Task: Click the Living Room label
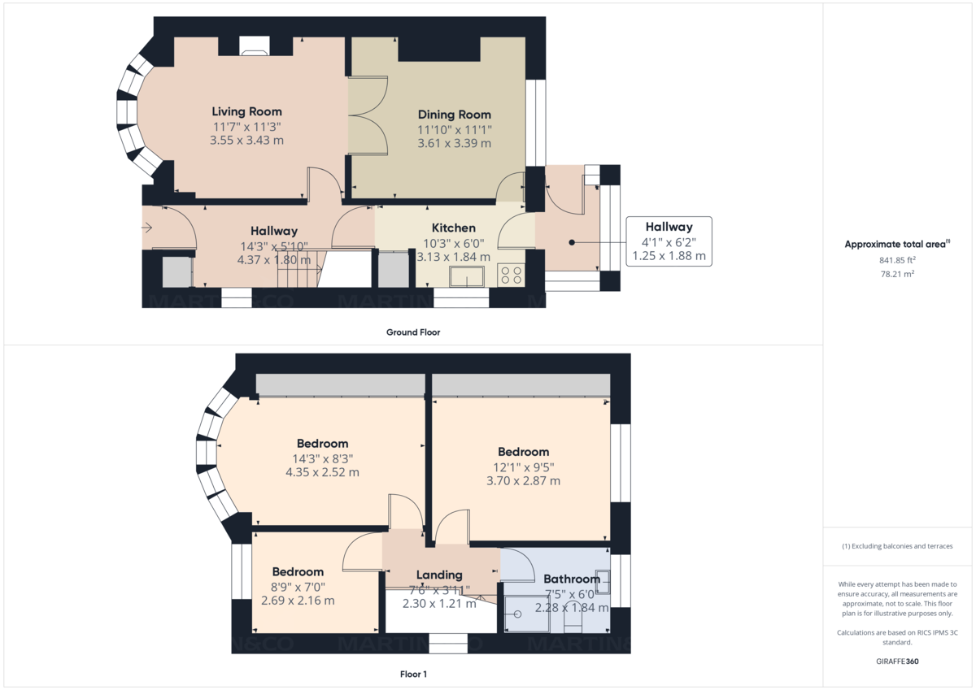coord(246,111)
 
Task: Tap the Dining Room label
coord(454,115)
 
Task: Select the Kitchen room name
coord(453,228)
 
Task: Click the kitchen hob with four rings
coord(510,275)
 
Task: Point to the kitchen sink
coord(466,277)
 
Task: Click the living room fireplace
coord(255,46)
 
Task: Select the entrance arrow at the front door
coord(146,228)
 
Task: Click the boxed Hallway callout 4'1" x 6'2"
coord(669,241)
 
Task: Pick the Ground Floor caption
coord(413,332)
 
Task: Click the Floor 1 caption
coord(413,674)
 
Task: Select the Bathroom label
coord(572,579)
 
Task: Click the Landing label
coord(439,575)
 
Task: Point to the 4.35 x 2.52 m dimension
coord(322,471)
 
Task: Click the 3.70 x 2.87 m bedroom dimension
coord(523,480)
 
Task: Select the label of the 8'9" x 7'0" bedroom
coord(298,571)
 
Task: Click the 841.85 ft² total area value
coord(898,260)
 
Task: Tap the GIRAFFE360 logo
coord(898,662)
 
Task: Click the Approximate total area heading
coord(896,244)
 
